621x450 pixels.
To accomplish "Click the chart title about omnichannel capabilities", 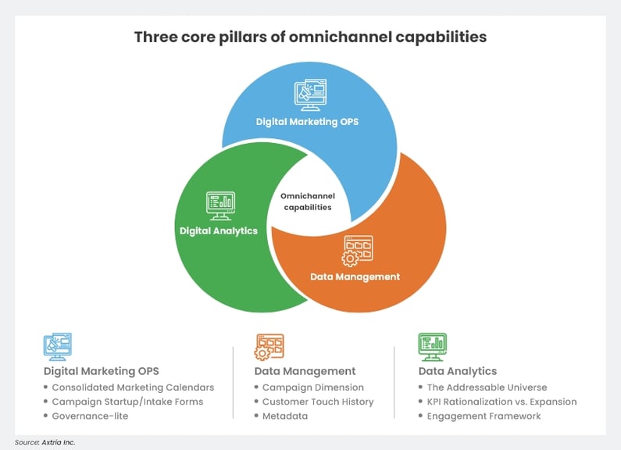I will [310, 37].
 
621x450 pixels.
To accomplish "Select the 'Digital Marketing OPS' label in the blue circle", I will [308, 122].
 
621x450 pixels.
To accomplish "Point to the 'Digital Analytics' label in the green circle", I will [219, 231].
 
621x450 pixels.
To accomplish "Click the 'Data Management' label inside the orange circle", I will [355, 277].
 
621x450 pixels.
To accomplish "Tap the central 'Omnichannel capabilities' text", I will [306, 202].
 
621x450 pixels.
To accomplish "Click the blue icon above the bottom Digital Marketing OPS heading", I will [57, 346].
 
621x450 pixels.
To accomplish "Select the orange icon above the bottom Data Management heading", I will [269, 346].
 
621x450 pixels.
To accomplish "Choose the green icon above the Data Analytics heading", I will [432, 345].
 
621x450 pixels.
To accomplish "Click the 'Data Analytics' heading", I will [458, 371].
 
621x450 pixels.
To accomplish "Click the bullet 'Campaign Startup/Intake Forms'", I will [127, 402].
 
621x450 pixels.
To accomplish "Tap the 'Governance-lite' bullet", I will [90, 416].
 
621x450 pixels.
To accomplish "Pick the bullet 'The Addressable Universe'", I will [487, 387].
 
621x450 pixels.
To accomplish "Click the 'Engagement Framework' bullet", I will [484, 416].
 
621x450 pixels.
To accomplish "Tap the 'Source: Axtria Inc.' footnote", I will [45, 443].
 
